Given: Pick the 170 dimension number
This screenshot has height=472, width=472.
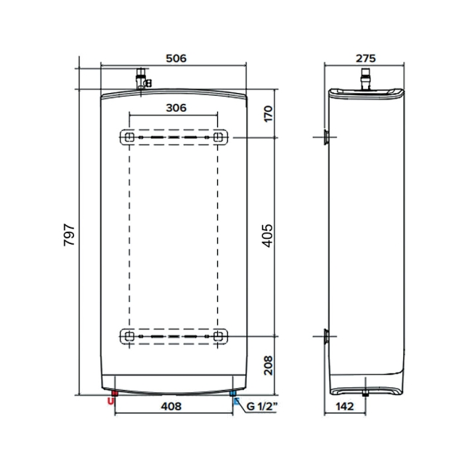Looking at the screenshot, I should coord(266,114).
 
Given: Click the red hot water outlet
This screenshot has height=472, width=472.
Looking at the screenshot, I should coord(111,398).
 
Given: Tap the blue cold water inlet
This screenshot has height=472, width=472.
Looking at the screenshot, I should coord(233,397).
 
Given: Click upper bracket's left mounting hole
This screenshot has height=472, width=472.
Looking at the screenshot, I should coord(129,137).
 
